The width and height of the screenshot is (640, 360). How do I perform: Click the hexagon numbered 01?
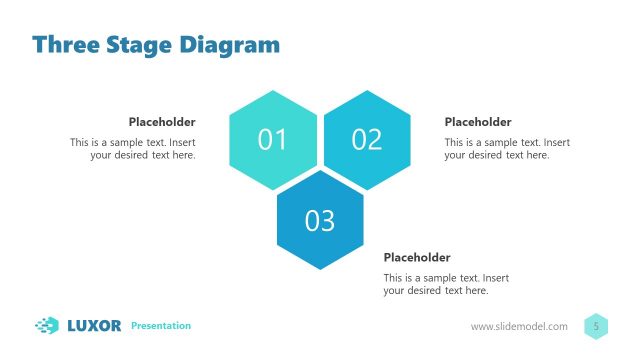(x=273, y=140)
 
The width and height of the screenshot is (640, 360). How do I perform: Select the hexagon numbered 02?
(x=367, y=140)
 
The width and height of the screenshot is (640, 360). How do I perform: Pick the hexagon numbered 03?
(x=320, y=220)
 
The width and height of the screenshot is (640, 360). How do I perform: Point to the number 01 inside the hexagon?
(x=273, y=140)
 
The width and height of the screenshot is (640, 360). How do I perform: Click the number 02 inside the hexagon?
(x=367, y=140)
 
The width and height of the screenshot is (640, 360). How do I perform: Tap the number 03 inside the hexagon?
(x=320, y=220)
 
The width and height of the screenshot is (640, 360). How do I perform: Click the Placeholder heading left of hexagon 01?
(x=162, y=122)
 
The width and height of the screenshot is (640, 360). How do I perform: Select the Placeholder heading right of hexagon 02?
(x=478, y=122)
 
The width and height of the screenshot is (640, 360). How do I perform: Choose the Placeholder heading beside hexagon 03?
(x=417, y=257)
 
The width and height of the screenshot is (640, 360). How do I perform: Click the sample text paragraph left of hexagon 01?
(x=133, y=149)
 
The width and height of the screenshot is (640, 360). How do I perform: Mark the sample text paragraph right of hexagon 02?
(x=507, y=149)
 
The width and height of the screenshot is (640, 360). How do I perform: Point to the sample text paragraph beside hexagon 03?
(x=446, y=284)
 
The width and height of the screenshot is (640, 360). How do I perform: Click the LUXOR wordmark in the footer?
(x=94, y=325)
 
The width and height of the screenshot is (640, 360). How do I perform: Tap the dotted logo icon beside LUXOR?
(x=47, y=325)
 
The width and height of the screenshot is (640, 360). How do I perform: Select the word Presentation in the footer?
(x=161, y=326)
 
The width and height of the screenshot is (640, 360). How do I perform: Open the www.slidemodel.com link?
(x=519, y=327)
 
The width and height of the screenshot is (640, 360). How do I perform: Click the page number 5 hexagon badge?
(x=596, y=326)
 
